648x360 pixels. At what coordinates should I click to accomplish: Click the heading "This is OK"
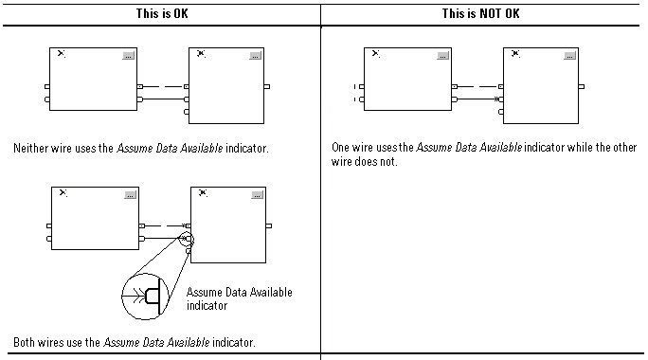pos(160,14)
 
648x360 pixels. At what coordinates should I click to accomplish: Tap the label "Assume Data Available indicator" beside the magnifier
pos(240,298)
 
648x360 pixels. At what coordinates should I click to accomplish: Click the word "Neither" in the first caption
pos(31,149)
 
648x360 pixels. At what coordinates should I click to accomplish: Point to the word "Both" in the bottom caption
pos(25,342)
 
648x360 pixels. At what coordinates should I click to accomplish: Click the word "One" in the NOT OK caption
pos(342,148)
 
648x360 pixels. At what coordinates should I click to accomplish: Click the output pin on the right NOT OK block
pos(582,86)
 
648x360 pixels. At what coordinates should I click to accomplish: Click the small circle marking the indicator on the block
pos(184,239)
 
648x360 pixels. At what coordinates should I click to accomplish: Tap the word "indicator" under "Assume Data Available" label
pos(207,306)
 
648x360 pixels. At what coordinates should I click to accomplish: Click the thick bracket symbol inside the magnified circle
pos(153,296)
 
